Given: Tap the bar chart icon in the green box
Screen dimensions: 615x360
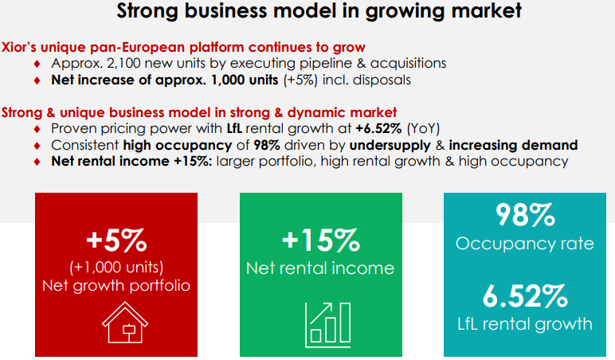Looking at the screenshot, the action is (327, 324).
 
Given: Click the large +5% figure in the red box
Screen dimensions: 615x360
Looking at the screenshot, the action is (116, 240).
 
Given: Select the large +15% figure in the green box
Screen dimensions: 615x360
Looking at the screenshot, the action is (321, 240).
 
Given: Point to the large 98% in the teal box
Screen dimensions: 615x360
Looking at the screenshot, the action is (525, 214).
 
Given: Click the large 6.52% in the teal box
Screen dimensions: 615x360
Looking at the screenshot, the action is (525, 296).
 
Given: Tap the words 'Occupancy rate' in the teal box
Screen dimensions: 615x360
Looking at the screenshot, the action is (525, 244).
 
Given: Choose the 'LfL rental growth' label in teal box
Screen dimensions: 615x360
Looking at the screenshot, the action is (525, 324).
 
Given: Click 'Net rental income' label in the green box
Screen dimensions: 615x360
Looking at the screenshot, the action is (320, 268).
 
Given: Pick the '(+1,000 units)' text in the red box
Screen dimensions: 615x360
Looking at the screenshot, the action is (116, 267).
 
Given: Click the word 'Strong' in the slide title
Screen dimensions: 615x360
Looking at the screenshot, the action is (147, 11).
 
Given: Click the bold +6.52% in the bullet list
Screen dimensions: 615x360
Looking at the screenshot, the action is (379, 128).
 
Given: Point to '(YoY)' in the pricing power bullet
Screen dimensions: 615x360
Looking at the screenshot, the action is (423, 128).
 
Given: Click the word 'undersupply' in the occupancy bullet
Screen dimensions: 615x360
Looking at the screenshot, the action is (390, 146).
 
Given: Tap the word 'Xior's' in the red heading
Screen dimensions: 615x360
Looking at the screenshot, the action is (19, 47).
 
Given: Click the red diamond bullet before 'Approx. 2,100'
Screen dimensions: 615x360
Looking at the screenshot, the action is (37, 64).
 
